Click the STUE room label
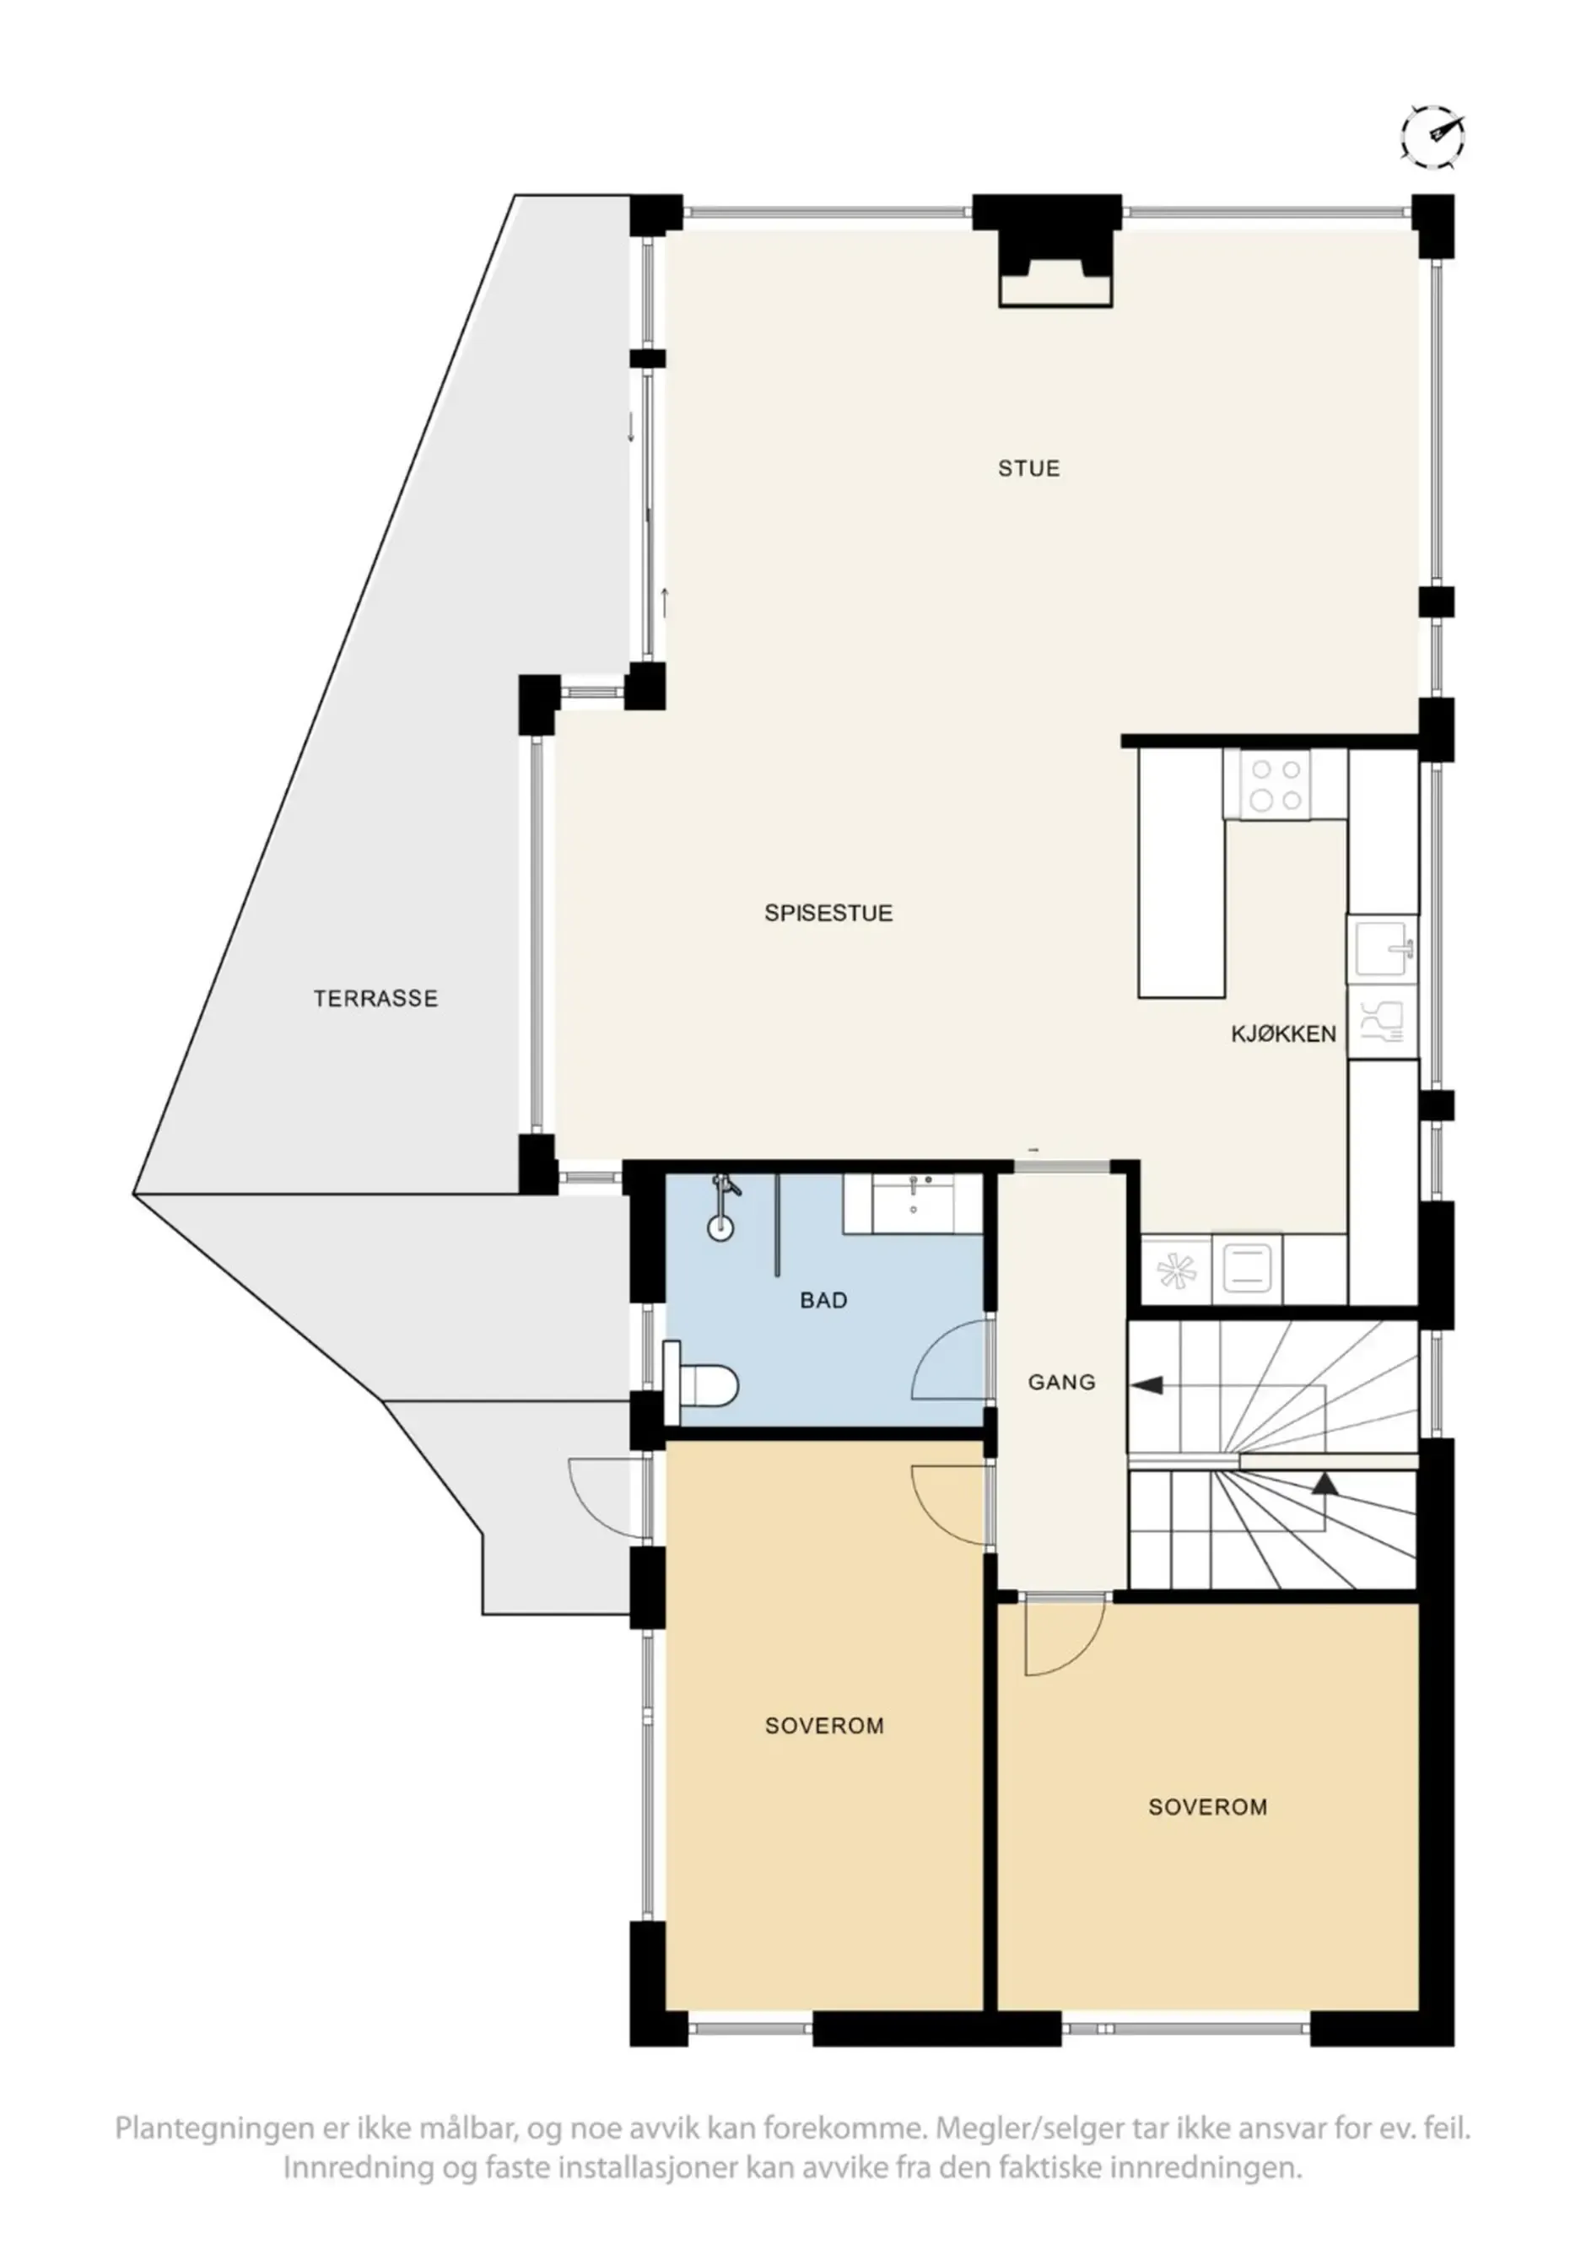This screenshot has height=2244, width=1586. point(1028,469)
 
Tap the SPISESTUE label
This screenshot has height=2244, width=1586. point(828,913)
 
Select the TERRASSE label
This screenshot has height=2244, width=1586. point(375,999)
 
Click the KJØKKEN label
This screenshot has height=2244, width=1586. point(1282,1034)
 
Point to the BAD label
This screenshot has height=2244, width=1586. point(823,1301)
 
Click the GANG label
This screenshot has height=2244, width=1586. point(1061,1382)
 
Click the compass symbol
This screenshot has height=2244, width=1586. point(1432,137)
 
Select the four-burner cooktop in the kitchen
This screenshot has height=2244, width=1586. point(1277,785)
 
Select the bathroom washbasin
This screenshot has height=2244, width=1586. point(913,1204)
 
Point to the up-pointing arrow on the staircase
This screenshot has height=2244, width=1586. point(1324,1484)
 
